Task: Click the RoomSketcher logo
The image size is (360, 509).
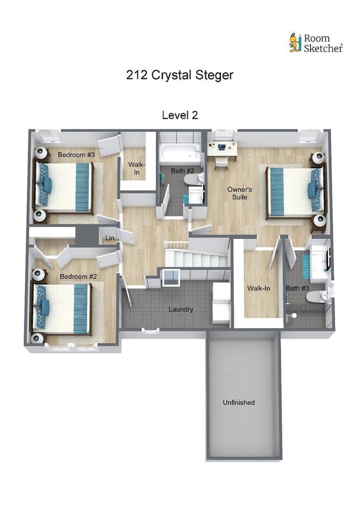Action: (x=316, y=43)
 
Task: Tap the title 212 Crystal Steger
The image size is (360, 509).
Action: (x=179, y=75)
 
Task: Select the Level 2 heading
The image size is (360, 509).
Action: (x=180, y=115)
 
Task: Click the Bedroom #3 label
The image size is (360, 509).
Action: (x=77, y=155)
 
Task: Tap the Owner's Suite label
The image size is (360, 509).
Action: (x=239, y=193)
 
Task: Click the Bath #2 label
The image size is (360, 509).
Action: (x=182, y=171)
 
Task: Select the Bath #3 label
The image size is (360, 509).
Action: (x=297, y=288)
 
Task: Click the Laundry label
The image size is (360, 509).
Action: (x=181, y=309)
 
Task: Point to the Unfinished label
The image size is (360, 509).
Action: (x=239, y=402)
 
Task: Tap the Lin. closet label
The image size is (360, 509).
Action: (x=110, y=238)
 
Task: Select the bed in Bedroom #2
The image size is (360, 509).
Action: (x=62, y=309)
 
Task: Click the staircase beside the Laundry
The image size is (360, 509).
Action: (x=197, y=258)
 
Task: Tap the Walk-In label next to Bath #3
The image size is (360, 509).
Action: (x=258, y=288)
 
